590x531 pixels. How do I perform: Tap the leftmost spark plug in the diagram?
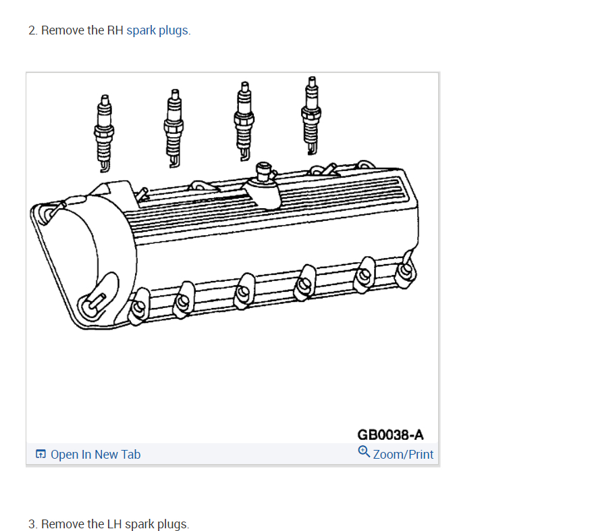[104, 133]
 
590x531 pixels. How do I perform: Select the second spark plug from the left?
[173, 128]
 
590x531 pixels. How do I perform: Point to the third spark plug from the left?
[244, 121]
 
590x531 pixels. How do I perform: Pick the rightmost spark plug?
[311, 116]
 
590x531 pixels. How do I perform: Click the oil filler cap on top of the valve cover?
[264, 172]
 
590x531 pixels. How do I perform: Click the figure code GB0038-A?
[390, 435]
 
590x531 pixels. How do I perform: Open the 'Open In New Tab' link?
[96, 455]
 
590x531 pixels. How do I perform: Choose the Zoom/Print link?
[403, 455]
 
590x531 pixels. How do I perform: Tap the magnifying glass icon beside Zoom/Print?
[364, 451]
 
